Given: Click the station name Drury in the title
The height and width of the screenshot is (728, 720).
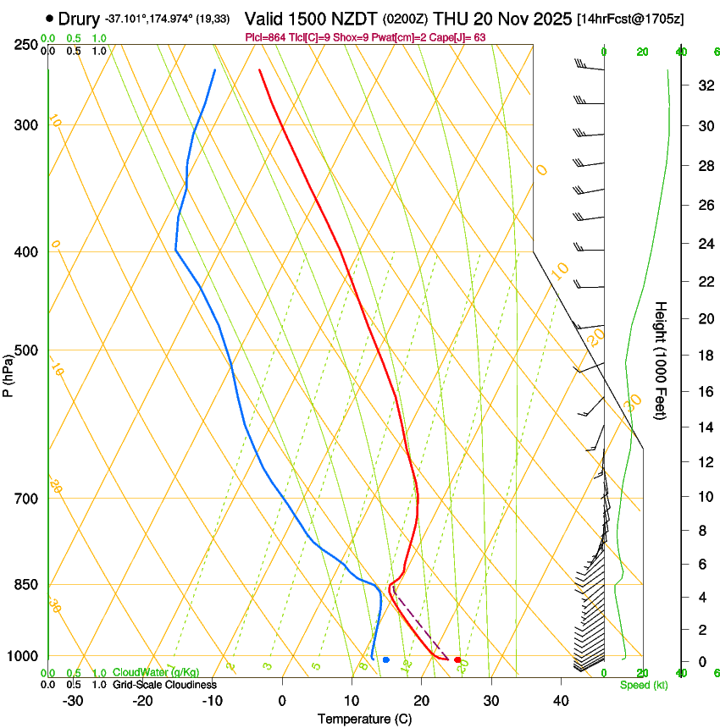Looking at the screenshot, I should coord(79,19).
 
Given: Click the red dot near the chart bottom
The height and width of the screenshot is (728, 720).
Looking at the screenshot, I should coord(457,659).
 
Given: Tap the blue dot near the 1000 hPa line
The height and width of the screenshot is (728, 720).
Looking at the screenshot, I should coord(385,659).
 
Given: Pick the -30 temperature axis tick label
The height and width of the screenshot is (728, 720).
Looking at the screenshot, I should coord(73,700).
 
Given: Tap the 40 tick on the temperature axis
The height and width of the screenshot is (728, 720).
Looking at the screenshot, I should coord(560,700).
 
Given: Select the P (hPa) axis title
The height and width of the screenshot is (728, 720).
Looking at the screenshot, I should coord(8,372).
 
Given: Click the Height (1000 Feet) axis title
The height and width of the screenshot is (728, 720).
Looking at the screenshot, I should coord(662,360).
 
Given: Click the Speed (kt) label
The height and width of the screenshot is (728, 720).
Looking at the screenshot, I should coord(643,685).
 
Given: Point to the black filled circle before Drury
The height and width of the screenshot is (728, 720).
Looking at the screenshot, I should coord(50,18).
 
